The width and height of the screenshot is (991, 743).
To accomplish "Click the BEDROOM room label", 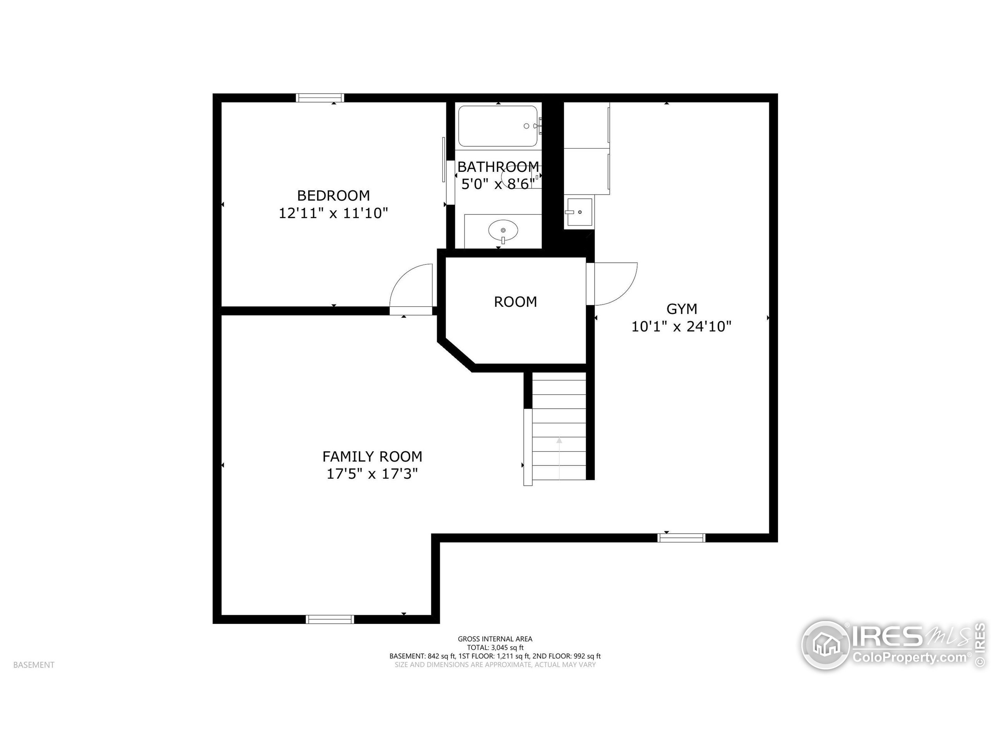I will point(333,196).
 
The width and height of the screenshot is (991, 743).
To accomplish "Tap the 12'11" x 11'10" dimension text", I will point(333,213).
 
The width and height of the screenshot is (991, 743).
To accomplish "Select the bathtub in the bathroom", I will point(498,126).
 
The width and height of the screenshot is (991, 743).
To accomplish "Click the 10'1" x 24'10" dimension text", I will point(681,327).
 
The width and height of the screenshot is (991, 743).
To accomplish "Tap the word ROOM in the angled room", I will point(515,302).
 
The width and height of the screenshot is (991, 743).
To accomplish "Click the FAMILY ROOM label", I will point(372,456).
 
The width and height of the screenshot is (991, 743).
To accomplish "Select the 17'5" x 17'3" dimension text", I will point(372,474).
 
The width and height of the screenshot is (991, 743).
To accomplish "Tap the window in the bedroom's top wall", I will point(320,98).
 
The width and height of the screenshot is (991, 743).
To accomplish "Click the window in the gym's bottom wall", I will point(681,538).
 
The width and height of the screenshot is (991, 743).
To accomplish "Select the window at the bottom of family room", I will point(330,620).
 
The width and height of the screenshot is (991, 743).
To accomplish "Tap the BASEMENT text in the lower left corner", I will point(34,665).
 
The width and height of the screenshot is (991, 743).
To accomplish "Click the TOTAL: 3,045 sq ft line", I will point(495,647).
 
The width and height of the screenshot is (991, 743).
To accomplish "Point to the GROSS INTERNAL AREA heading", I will point(495,639).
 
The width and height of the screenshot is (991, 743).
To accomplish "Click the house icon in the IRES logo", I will point(825,645).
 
